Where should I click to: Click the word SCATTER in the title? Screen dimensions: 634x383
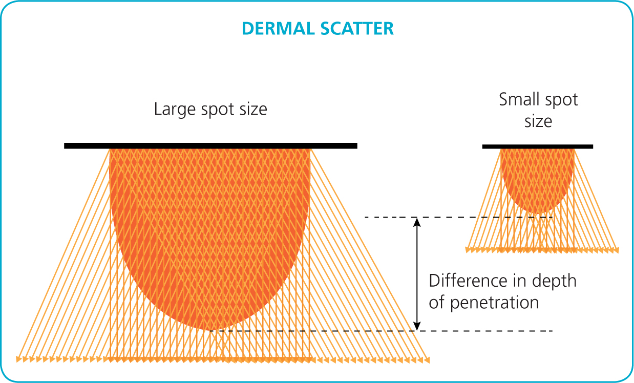[x=357, y=29]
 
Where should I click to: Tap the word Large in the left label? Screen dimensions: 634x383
[x=175, y=110]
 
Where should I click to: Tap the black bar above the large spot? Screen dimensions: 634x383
[x=210, y=146]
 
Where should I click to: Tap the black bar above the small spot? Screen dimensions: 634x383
[x=538, y=146]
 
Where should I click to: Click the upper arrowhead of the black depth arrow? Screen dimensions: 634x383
[x=417, y=222]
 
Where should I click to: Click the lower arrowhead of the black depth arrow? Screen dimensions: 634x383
[x=417, y=326]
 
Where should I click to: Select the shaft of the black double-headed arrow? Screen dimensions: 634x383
[x=417, y=274]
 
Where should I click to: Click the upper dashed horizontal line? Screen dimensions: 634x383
[x=458, y=217]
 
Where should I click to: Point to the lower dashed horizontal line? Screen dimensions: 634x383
[x=381, y=331]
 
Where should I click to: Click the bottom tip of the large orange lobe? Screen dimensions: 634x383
[x=210, y=330]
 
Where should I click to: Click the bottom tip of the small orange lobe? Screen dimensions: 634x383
[x=537, y=214]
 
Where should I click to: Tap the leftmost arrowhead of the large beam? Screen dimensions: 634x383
[x=18, y=359]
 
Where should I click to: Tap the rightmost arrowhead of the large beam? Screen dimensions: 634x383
[x=427, y=360]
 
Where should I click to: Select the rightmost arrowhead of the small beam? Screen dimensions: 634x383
[x=616, y=250]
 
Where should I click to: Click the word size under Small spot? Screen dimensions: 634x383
[x=538, y=122]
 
